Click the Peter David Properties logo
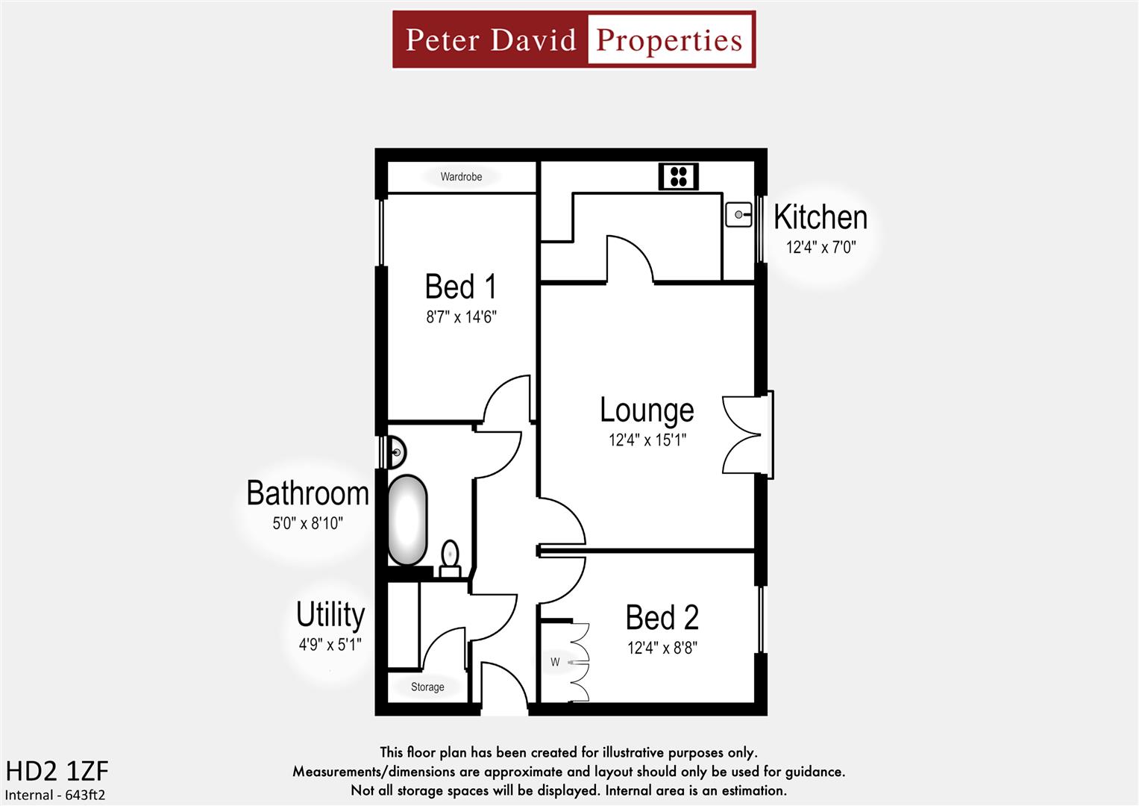pos(574,40)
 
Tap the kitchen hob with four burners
pos(678,177)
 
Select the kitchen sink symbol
pos(738,215)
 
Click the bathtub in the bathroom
pos(407,520)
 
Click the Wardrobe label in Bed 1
pos(461,177)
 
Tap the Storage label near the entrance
pos(427,687)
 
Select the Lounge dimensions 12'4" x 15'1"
pos(647,440)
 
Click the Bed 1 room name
pos(460,287)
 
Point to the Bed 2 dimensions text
pos(662,648)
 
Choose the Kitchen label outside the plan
pos(820,217)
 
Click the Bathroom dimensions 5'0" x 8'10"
pos(307,523)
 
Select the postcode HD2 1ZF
pos(57,771)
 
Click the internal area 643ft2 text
pos(55,795)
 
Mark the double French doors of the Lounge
pos(744,435)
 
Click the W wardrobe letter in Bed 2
pos(555,662)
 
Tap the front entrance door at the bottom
pos(504,687)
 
